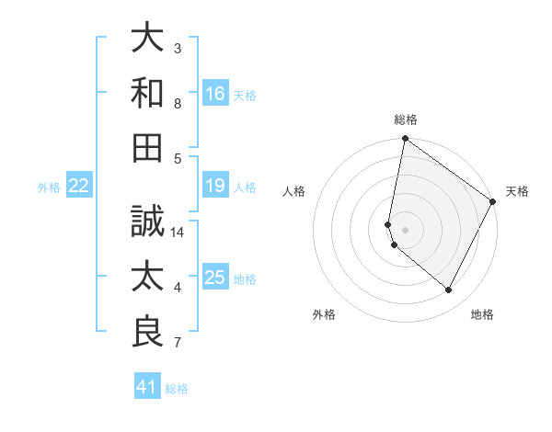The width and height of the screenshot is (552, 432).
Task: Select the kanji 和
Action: (x=147, y=92)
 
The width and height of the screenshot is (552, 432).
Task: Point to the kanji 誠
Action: (x=147, y=222)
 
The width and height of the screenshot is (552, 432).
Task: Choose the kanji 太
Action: (x=147, y=277)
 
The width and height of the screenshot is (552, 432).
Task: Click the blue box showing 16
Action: (x=215, y=94)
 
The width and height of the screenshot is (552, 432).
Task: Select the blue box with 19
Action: (x=215, y=187)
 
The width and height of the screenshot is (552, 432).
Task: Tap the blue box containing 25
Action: (x=215, y=279)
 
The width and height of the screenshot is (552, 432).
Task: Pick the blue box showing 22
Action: (x=79, y=187)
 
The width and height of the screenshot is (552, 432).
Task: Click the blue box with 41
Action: (x=147, y=387)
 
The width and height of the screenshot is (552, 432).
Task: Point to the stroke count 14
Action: (x=178, y=233)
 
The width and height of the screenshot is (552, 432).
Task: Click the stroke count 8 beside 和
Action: (x=178, y=104)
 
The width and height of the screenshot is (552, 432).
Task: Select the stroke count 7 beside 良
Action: (x=178, y=343)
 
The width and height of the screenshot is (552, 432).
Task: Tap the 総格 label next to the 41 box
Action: (x=177, y=389)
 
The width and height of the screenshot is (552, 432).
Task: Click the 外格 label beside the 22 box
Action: (x=49, y=188)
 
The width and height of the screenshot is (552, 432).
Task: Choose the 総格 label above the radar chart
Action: (x=405, y=119)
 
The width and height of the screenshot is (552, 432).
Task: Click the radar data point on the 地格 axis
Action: (x=449, y=290)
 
